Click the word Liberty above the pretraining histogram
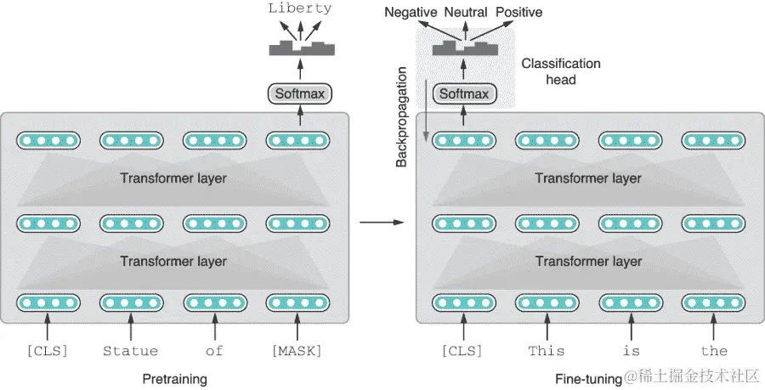(299, 8)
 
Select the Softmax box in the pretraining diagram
(299, 93)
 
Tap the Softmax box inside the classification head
(464, 93)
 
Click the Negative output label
(411, 12)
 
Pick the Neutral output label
(466, 12)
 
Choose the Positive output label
(519, 12)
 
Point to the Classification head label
(561, 71)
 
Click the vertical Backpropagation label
(401, 117)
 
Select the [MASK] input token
(297, 351)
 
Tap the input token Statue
(131, 351)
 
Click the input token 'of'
(214, 351)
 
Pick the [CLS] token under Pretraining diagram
(48, 351)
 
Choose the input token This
(547, 351)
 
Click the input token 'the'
(714, 351)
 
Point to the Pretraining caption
(174, 379)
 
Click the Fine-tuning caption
(589, 379)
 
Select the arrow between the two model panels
(382, 223)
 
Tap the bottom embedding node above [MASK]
(297, 302)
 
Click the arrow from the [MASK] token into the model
(297, 326)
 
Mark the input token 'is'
(631, 351)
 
